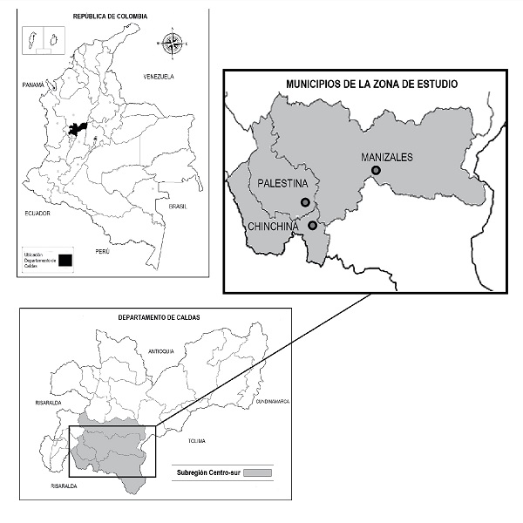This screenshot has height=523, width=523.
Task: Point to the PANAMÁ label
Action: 33,85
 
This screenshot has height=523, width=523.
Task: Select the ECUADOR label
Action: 38,213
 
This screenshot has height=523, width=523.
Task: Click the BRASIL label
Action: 178,207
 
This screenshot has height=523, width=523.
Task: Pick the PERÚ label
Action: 102,251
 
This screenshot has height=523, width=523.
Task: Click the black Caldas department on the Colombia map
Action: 78,130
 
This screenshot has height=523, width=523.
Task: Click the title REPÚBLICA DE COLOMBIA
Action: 111,17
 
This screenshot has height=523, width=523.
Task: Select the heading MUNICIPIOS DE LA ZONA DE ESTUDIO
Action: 371,84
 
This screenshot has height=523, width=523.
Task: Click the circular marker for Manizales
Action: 376,171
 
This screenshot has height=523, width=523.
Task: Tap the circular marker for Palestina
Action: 305,202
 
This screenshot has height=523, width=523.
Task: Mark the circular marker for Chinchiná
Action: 312,226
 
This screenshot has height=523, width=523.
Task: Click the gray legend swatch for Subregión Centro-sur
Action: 259,472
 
